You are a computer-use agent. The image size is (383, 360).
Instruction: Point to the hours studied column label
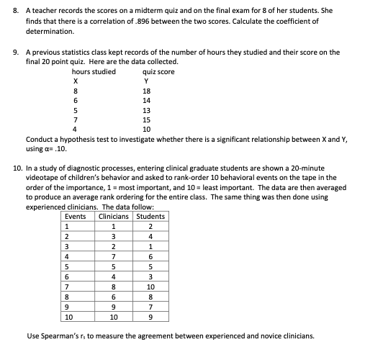pyautogui.click(x=94, y=72)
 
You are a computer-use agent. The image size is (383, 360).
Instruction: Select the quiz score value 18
pyautogui.click(x=147, y=91)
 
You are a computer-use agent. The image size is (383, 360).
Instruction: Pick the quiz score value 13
pyautogui.click(x=147, y=109)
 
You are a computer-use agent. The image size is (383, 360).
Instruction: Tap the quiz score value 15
pyautogui.click(x=147, y=119)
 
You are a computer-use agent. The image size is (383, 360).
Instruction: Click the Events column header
pyautogui.click(x=75, y=216)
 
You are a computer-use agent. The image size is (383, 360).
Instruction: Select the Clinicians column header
pyautogui.click(x=113, y=216)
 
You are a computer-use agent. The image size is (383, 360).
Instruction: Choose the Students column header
pyautogui.click(x=150, y=216)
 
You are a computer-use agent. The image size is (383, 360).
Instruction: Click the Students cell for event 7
pyautogui.click(x=150, y=286)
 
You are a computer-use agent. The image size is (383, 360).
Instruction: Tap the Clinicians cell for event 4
pyautogui.click(x=113, y=256)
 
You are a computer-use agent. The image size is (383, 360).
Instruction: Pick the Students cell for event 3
pyautogui.click(x=150, y=246)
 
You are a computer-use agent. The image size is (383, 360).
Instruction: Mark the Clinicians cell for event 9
pyautogui.click(x=113, y=306)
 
